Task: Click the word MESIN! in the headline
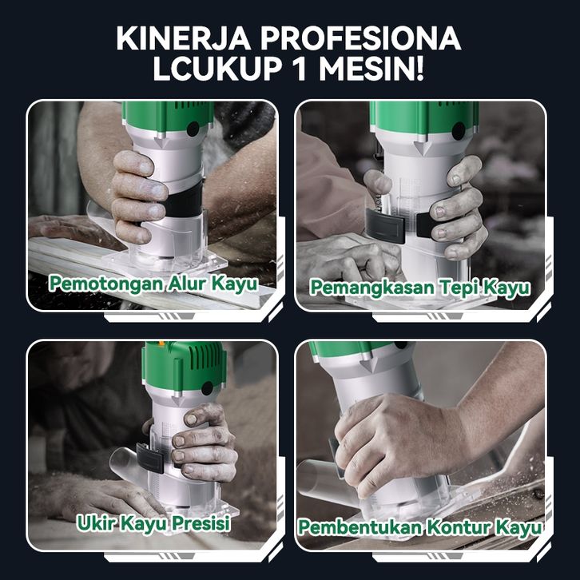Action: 371,70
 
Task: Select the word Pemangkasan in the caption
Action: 373,288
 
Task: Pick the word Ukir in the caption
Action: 96,523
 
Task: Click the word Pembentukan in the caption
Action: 360,527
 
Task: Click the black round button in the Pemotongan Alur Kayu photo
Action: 194,129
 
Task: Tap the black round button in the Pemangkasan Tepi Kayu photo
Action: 459,131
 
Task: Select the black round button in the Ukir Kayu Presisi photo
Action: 207,388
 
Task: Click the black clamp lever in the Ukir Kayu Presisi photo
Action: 150,459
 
